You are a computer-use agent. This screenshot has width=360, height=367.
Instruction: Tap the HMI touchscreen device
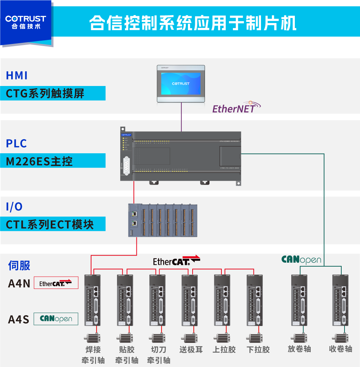point(181,84)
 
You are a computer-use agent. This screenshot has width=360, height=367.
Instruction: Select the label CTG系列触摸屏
point(45,94)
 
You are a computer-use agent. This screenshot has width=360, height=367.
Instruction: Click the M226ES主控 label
point(40,161)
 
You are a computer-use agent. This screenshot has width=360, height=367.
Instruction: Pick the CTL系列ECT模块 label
point(50,224)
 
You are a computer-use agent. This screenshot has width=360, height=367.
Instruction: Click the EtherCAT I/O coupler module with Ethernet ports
point(134,220)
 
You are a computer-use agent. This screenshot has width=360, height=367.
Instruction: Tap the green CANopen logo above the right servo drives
point(301,259)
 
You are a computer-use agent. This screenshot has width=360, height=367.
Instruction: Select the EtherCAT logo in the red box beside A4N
point(56,283)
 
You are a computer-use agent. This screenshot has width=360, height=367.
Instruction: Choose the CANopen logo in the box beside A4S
point(56,319)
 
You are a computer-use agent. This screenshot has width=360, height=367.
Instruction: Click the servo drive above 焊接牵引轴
point(93,300)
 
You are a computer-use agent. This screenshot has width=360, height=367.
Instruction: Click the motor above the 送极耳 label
point(189,338)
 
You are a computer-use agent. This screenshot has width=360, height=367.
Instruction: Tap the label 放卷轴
point(299,349)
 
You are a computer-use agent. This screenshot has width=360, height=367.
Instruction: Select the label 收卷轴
point(341,349)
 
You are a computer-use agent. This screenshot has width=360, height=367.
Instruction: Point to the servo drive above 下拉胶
point(255,300)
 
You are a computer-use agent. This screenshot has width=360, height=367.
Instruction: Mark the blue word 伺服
point(19,266)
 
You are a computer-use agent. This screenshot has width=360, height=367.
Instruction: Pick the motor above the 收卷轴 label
point(341,338)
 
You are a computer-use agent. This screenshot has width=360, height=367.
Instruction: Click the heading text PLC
point(17,143)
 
